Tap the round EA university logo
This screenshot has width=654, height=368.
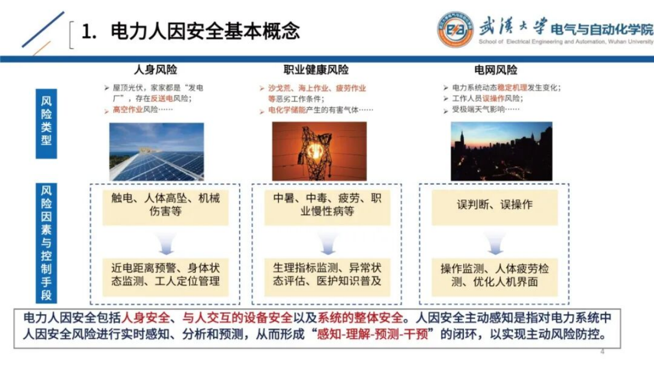point(455,32)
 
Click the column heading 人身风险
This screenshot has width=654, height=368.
point(156,70)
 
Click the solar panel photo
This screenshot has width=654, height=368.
point(156,152)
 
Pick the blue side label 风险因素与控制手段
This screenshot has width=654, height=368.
point(46,242)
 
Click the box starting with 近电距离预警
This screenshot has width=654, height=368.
point(165,275)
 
